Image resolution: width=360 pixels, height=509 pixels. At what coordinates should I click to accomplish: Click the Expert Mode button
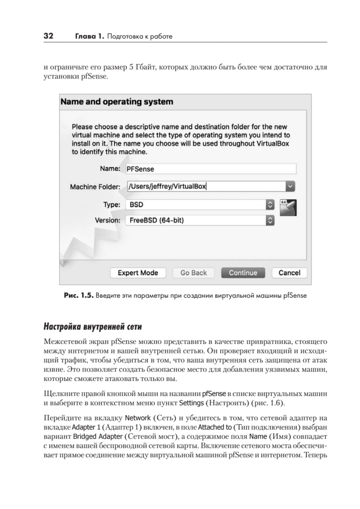tap(137, 273)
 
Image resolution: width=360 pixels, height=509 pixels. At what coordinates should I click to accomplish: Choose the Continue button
tap(243, 273)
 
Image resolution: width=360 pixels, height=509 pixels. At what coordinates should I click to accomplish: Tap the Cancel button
tap(289, 273)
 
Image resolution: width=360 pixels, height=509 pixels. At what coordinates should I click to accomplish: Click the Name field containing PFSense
tap(211, 169)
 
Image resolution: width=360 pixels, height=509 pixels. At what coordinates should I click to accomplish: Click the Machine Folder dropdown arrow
tap(290, 186)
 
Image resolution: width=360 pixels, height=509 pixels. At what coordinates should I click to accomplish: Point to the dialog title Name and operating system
tap(117, 102)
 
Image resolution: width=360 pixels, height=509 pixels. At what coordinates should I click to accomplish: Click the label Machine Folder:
tap(95, 186)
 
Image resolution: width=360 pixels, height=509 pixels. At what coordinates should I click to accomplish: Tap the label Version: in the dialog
tap(108, 220)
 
